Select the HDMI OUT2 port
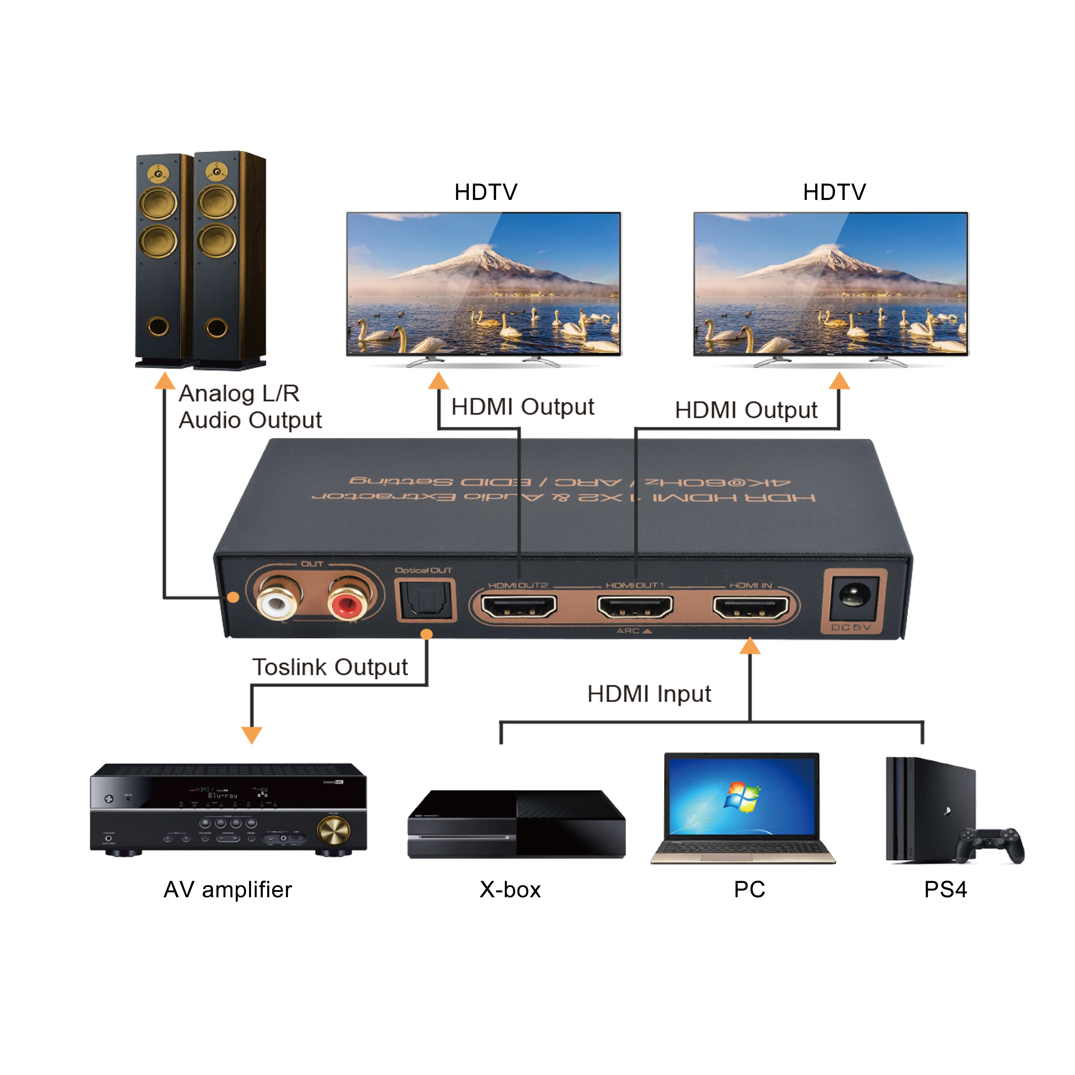[x=519, y=607]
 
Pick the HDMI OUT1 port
[x=635, y=607]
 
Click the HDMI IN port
[x=751, y=607]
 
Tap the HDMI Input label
[x=649, y=694]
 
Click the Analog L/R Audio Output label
[x=250, y=407]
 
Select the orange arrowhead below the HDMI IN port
[x=750, y=646]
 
